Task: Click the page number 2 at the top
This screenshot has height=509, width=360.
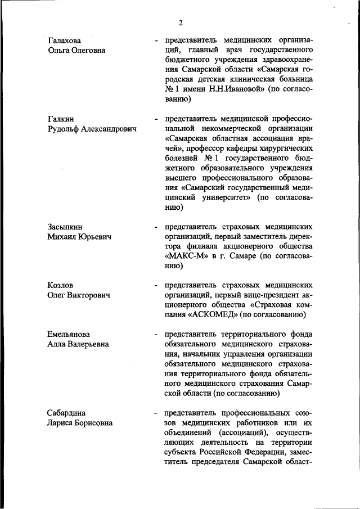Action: click(x=181, y=23)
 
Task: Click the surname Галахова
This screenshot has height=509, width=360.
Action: click(x=64, y=40)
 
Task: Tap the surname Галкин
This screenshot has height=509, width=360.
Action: click(x=61, y=119)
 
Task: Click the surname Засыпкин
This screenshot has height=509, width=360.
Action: click(x=66, y=227)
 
